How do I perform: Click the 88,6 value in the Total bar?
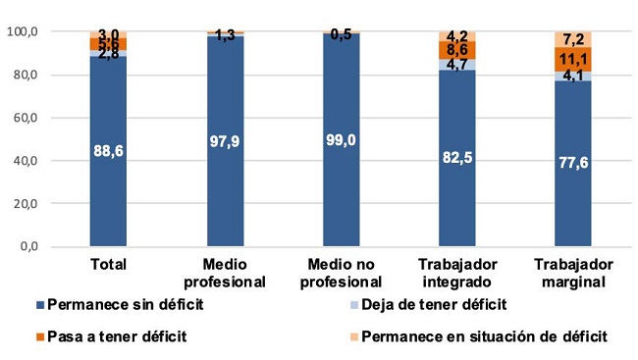(108, 150)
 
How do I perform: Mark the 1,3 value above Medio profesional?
(226, 35)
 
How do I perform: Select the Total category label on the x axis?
(108, 264)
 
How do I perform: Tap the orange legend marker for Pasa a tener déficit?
(38, 336)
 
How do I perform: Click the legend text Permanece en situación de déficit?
(484, 336)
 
